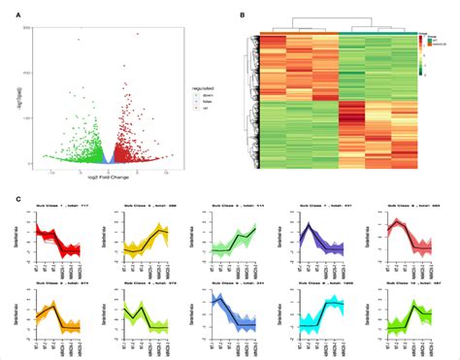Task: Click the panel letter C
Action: [x=21, y=199]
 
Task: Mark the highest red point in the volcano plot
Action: [x=137, y=34]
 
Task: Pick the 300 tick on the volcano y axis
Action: [x=43, y=29]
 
